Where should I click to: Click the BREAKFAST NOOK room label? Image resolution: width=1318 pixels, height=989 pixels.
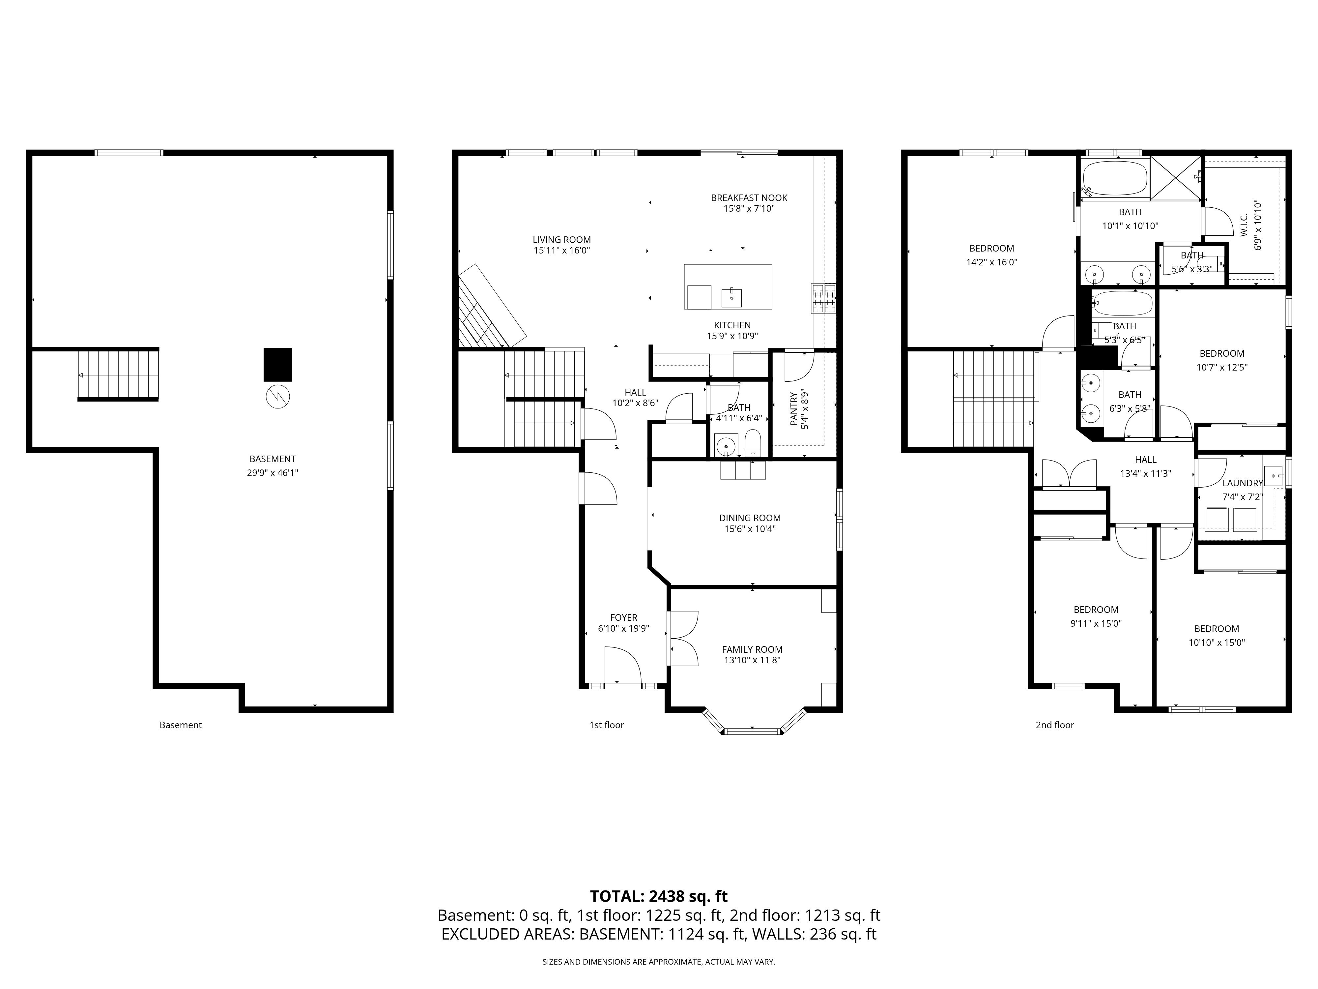[749, 197]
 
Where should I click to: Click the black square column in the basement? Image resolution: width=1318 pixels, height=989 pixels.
[278, 364]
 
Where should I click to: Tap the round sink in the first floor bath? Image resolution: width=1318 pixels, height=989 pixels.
[726, 445]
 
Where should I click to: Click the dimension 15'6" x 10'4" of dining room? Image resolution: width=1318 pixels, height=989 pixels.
[750, 529]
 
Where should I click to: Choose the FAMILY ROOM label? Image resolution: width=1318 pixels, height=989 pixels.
[752, 649]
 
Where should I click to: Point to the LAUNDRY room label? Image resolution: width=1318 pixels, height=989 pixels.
[1242, 483]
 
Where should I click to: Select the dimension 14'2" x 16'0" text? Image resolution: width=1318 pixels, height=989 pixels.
[991, 262]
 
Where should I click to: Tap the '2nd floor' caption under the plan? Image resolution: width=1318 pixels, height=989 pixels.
[1055, 725]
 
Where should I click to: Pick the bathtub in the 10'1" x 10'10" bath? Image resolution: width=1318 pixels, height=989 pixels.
[1115, 178]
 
